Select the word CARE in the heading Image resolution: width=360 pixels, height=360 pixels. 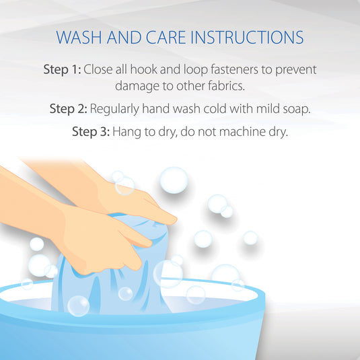tap(166, 37)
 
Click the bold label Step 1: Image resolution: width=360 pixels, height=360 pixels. tap(62, 69)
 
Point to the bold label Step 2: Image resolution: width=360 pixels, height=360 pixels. tap(69, 108)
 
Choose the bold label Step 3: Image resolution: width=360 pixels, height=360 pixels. tap(91, 132)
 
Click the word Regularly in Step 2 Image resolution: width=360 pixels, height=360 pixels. tap(114, 109)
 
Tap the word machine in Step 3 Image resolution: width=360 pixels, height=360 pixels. tap(242, 132)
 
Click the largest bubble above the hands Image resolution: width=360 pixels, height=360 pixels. tap(174, 180)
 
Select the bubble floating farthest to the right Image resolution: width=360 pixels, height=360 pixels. tap(250, 238)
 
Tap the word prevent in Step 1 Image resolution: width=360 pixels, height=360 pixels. tap(296, 70)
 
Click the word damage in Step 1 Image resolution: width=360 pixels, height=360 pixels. tap(137, 87)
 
